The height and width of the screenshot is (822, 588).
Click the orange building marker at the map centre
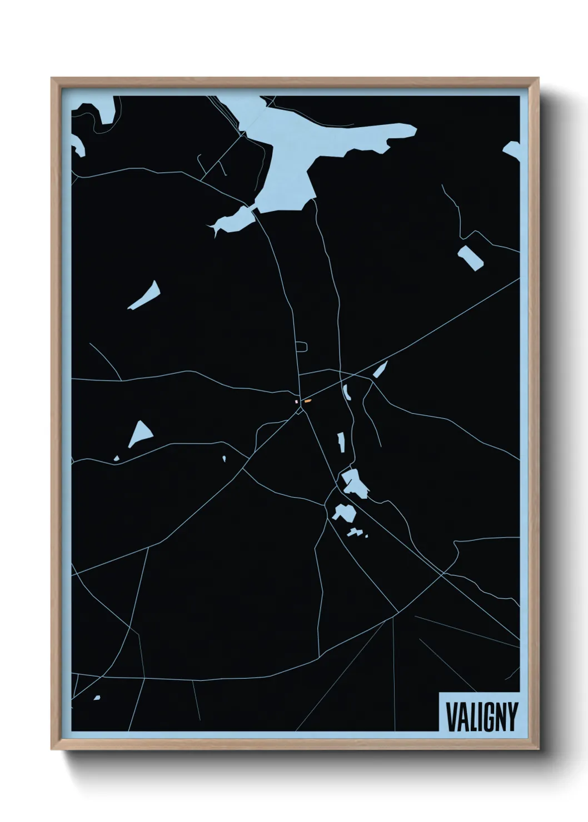coord(307,400)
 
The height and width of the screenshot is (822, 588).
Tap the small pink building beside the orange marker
coord(297,401)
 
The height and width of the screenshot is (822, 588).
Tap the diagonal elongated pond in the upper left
coord(146,295)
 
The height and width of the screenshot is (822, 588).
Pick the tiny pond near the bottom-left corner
coord(97,698)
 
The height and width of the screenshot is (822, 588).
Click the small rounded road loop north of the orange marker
coord(302,347)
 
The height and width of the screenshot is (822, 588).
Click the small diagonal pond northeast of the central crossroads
coord(381,369)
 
